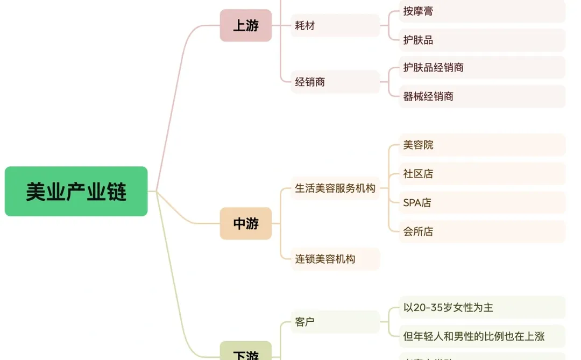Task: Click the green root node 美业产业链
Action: point(76,192)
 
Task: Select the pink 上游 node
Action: point(246,25)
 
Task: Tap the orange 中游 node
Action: point(246,223)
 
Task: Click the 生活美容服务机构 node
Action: point(335,188)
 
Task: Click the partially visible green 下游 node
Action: point(246,352)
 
